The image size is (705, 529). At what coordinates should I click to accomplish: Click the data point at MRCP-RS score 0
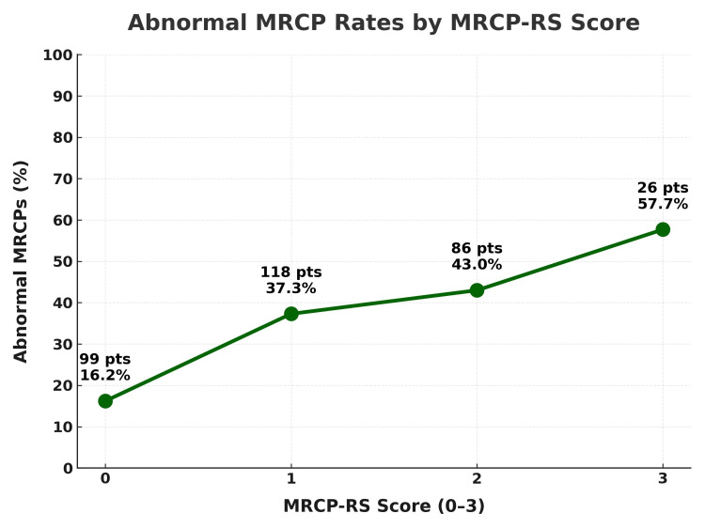(105, 401)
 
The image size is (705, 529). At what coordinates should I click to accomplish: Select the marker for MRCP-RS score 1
(291, 314)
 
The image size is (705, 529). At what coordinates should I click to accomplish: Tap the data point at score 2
(477, 290)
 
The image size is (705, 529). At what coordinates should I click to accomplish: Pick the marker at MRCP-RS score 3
(663, 229)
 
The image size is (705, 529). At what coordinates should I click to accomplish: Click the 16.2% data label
(104, 376)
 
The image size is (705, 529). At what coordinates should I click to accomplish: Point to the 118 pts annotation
(290, 272)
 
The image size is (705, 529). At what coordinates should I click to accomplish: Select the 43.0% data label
(477, 265)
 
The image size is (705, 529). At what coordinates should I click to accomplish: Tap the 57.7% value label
(663, 204)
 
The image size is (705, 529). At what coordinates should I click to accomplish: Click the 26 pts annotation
(663, 188)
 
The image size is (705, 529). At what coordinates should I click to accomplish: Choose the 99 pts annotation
(104, 359)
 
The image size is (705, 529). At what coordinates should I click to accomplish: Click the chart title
(384, 23)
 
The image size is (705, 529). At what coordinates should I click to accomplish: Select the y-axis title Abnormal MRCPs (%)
(21, 261)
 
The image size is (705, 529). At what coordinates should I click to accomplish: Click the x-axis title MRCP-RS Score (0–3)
(384, 506)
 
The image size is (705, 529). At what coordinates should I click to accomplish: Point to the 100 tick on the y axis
(58, 55)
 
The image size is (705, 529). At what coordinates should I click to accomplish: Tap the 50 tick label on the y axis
(62, 261)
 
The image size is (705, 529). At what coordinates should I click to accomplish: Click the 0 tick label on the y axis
(67, 468)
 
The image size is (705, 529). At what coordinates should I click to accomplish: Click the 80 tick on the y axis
(62, 138)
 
